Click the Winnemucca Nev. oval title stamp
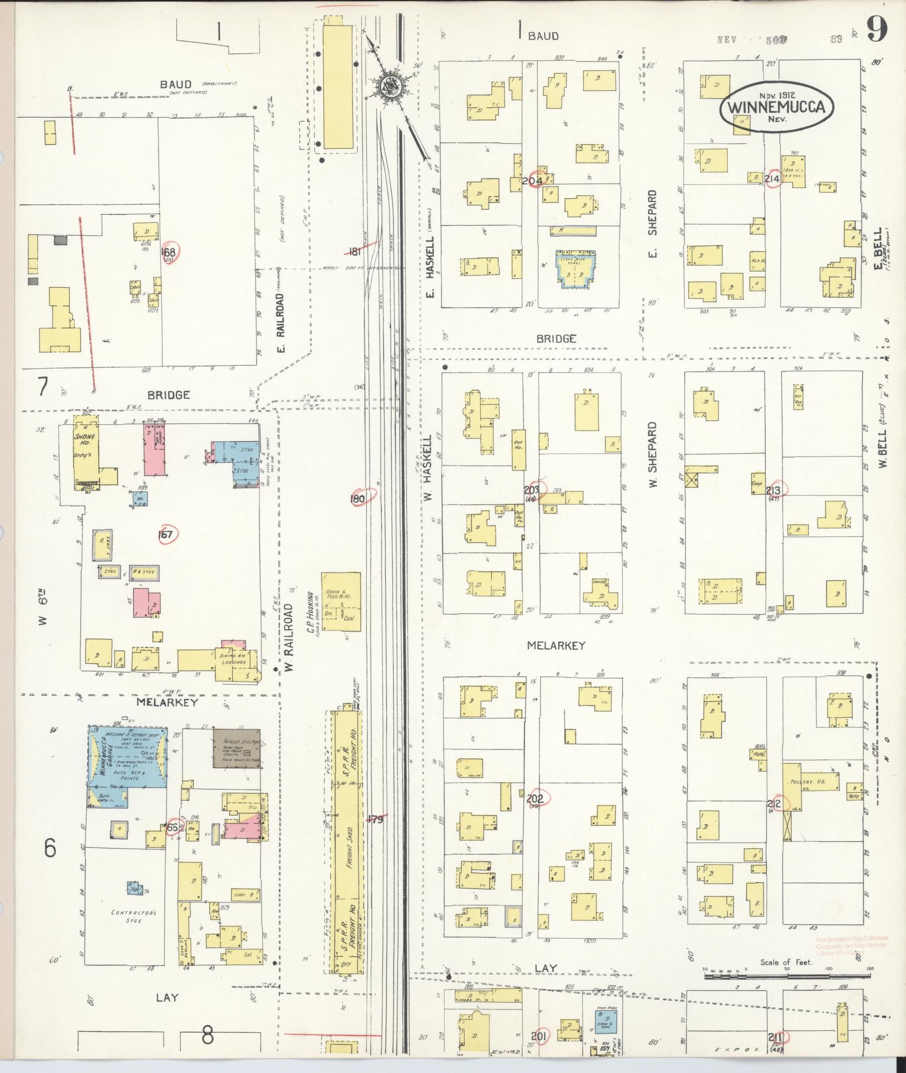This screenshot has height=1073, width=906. click(x=777, y=108)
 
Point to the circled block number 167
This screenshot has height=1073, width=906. click(x=166, y=535)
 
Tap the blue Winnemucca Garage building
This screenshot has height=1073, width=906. click(x=127, y=757)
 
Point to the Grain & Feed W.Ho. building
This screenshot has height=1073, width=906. click(x=341, y=601)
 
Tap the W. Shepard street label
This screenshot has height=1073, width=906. click(x=653, y=455)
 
